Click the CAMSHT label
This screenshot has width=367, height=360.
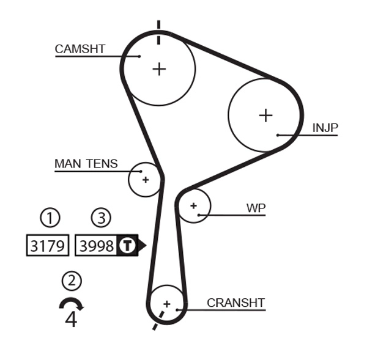pyautogui.click(x=80, y=49)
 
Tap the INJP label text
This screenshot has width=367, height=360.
pyautogui.click(x=325, y=128)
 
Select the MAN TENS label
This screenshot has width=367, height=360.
pyautogui.click(x=86, y=164)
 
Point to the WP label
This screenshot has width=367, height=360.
pyautogui.click(x=256, y=208)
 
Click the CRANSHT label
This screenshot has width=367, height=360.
pyautogui.click(x=235, y=303)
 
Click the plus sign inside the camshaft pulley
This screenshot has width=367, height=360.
pyautogui.click(x=159, y=68)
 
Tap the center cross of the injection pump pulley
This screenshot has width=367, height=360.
pyautogui.click(x=265, y=115)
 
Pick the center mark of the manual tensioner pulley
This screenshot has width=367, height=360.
pyautogui.click(x=146, y=180)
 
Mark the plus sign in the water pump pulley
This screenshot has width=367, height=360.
pyautogui.click(x=193, y=206)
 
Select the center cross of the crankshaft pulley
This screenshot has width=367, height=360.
pyautogui.click(x=166, y=304)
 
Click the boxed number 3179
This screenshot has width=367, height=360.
pyautogui.click(x=47, y=246)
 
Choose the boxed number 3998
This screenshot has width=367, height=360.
pyautogui.click(x=97, y=246)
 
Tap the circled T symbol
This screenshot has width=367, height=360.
pyautogui.click(x=126, y=246)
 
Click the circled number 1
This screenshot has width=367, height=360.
pyautogui.click(x=50, y=217)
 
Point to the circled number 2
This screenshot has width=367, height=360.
pyautogui.click(x=72, y=281)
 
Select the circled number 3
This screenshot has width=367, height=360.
pyautogui.click(x=101, y=217)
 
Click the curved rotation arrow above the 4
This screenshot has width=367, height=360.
pyautogui.click(x=71, y=303)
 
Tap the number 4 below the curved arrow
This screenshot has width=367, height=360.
pyautogui.click(x=71, y=320)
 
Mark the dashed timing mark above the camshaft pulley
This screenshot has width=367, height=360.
pyautogui.click(x=158, y=32)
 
